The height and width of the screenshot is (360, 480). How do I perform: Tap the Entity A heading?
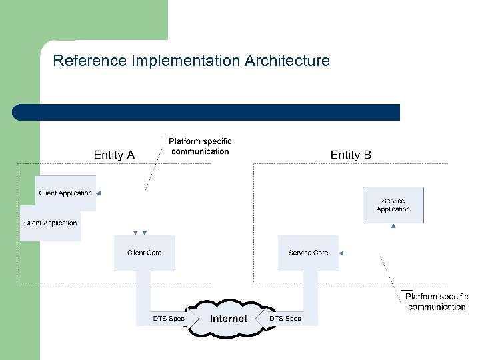[114, 155]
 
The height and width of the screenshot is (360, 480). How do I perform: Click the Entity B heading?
[351, 155]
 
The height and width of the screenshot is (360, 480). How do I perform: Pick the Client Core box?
[145, 253]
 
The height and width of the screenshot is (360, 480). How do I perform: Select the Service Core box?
[308, 253]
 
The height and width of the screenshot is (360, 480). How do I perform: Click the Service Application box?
[393, 205]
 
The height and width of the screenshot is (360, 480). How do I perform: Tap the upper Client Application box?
[65, 193]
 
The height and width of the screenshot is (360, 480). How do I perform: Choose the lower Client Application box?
[50, 223]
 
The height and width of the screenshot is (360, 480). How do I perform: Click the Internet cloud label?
[228, 319]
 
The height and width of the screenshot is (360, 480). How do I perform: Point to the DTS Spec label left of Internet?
[169, 319]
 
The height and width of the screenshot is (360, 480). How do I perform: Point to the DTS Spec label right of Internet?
[285, 319]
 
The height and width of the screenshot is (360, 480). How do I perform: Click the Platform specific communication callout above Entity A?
[200, 146]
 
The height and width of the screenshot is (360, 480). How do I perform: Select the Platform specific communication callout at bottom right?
[437, 301]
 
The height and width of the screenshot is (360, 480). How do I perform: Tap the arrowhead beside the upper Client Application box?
[98, 193]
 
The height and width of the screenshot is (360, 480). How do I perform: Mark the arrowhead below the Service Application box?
[393, 227]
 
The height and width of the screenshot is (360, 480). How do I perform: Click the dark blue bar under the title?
[207, 112]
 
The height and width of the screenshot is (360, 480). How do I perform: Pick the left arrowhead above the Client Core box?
[135, 233]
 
